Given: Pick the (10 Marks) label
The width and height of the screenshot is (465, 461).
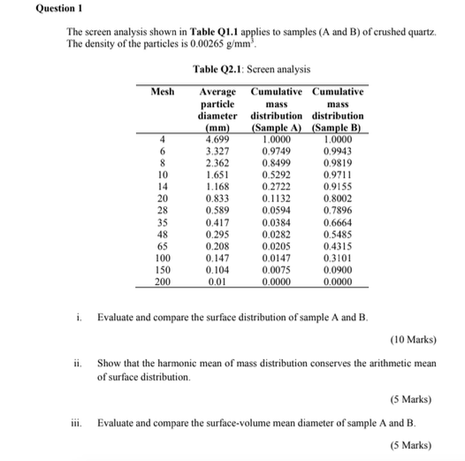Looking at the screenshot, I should (413, 339).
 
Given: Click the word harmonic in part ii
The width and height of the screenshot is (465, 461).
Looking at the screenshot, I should (180, 364).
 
